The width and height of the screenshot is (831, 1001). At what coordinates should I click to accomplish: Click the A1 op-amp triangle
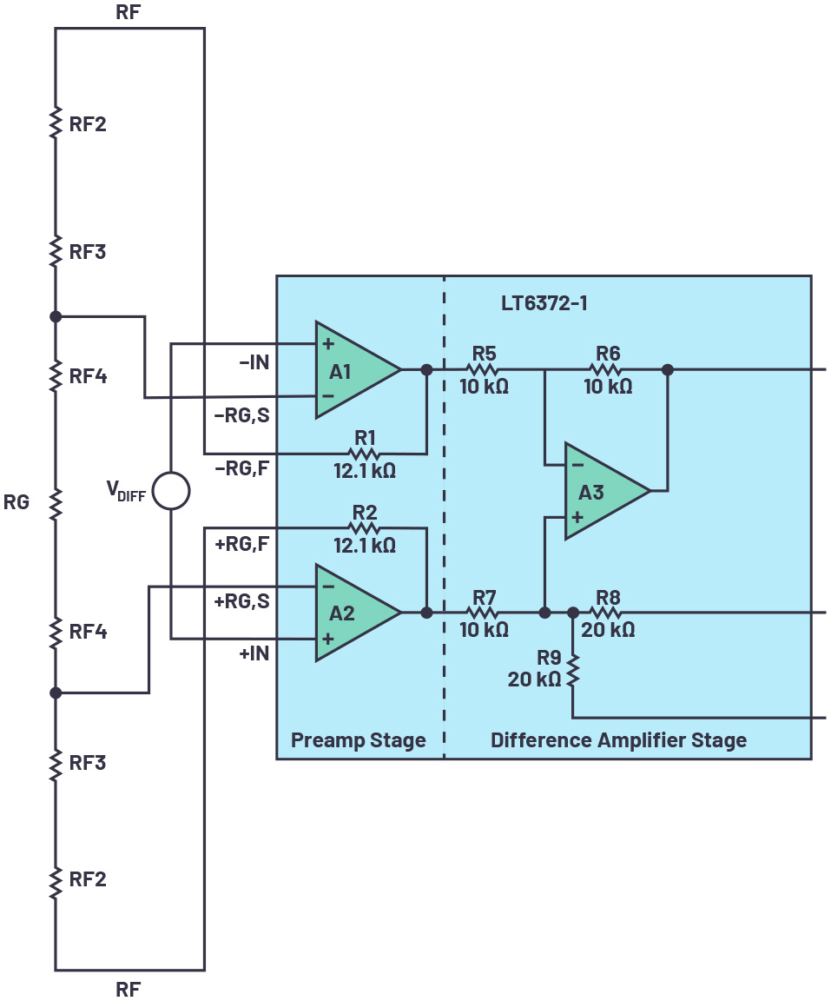(352, 370)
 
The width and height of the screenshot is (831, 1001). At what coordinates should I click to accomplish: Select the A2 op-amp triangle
(352, 613)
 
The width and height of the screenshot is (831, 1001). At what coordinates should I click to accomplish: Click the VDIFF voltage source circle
(171, 491)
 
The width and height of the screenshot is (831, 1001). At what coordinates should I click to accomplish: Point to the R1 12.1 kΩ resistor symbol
(364, 453)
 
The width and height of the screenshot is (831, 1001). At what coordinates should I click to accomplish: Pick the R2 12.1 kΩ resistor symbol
(364, 527)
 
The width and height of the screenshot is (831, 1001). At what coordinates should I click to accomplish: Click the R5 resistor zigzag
(484, 369)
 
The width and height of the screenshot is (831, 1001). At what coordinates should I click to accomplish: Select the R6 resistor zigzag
(607, 369)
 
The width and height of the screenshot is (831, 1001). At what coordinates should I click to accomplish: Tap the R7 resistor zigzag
(484, 613)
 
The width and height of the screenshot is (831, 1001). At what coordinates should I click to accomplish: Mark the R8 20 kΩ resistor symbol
(607, 613)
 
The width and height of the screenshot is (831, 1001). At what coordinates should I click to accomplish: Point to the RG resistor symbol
(56, 502)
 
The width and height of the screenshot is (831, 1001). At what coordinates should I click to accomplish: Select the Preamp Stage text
(358, 740)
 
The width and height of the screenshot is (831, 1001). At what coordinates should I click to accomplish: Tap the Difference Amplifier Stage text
(618, 740)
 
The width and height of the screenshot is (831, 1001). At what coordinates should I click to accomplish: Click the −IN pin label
(254, 362)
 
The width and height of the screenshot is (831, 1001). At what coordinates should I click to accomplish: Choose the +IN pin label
(254, 653)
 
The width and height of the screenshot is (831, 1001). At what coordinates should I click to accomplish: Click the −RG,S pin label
(241, 415)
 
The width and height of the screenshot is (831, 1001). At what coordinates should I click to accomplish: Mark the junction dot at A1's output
(426, 369)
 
